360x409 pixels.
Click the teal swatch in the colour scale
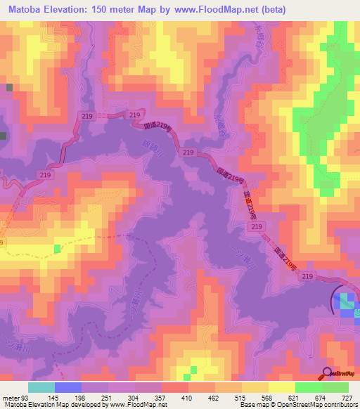coord(41,387)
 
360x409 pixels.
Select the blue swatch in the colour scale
coord(68,387)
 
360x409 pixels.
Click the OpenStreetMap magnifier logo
coord(327,373)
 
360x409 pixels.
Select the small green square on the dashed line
coord(58,249)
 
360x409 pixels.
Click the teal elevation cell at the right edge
coord(345,301)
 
